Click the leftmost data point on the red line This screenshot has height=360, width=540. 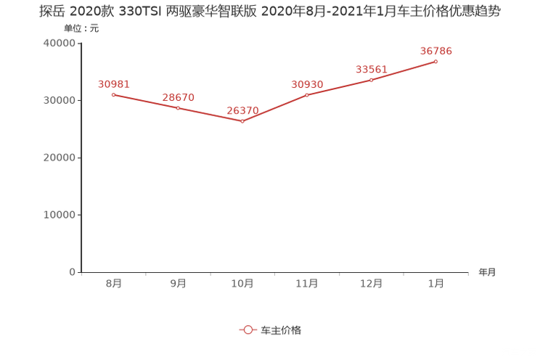(113, 95)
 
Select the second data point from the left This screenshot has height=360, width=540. (178, 108)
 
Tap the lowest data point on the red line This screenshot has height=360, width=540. (242, 121)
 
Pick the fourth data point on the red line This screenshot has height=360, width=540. (307, 95)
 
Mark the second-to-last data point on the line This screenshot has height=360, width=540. (372, 78)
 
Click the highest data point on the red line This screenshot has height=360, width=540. (436, 62)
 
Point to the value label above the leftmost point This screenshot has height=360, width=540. (113, 83)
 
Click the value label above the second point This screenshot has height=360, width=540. (178, 97)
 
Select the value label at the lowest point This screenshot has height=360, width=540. (242, 110)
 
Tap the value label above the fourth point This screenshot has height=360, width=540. (307, 83)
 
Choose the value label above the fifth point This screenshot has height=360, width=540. (372, 68)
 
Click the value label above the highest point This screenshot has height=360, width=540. (436, 50)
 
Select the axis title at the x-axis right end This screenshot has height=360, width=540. (487, 272)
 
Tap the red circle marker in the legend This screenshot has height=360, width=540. (247, 330)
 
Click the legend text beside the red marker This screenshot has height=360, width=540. (280, 330)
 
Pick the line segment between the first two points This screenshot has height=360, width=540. (145, 102)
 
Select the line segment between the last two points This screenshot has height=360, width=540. (404, 70)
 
